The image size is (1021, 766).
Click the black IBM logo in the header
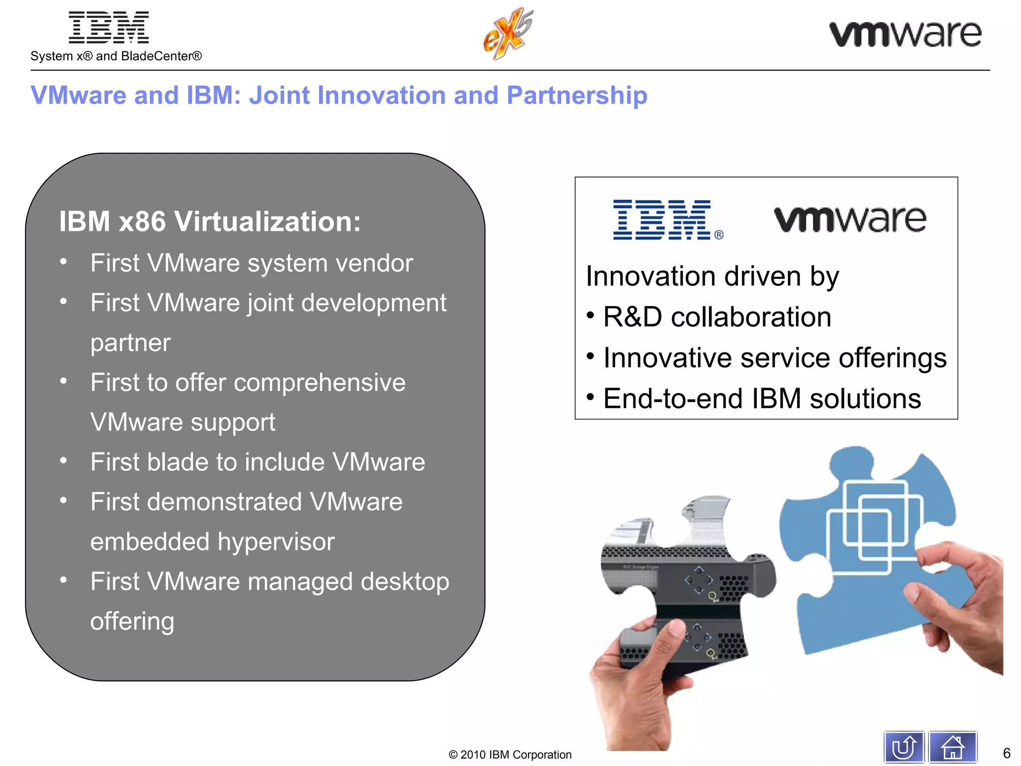(109, 28)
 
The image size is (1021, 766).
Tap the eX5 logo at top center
(508, 34)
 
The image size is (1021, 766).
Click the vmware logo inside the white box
(850, 220)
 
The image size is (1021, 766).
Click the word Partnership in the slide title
(577, 95)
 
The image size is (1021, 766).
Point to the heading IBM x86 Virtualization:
(210, 221)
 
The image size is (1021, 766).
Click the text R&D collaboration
(717, 317)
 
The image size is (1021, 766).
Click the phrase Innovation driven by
(712, 276)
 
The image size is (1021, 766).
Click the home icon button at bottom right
(952, 748)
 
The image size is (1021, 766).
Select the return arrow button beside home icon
(904, 748)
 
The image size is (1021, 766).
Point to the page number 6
(1006, 753)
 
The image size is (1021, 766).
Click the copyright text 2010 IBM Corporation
(510, 755)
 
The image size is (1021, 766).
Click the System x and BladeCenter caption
(116, 56)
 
